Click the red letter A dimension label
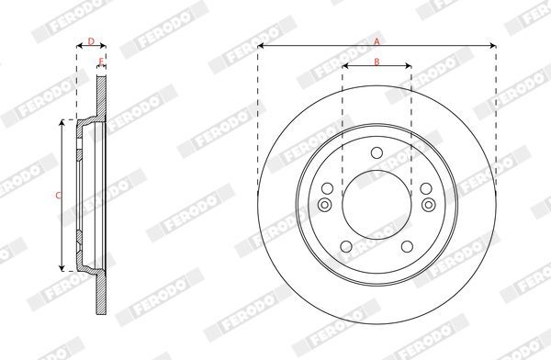[x=377, y=42]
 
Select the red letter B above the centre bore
[x=377, y=62]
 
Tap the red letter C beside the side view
[x=59, y=196]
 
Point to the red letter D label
[x=91, y=42]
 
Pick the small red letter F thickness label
[x=101, y=62]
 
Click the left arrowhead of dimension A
[x=261, y=46]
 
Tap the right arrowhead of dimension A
[x=493, y=46]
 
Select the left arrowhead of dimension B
[x=345, y=66]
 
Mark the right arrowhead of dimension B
[x=409, y=66]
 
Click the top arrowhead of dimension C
[x=62, y=122]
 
